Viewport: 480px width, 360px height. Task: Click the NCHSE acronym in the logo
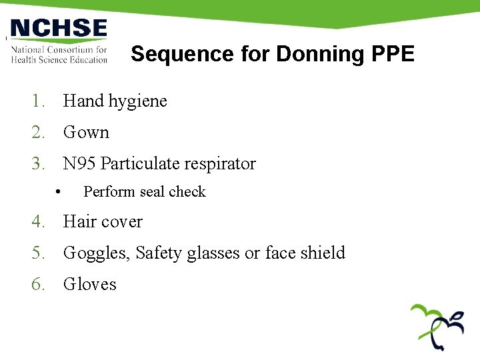coord(59,29)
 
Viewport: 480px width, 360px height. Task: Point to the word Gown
coord(86,133)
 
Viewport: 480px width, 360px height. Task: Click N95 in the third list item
coord(79,164)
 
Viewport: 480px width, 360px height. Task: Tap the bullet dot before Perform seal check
coord(59,192)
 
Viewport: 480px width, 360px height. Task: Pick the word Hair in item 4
coord(77,222)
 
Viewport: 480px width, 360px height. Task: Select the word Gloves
coord(90,285)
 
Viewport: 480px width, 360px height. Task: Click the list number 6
coord(37,285)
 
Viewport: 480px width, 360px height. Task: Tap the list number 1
coord(37,101)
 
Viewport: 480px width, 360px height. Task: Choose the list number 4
coord(37,222)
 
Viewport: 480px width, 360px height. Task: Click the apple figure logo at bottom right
coord(437,326)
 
